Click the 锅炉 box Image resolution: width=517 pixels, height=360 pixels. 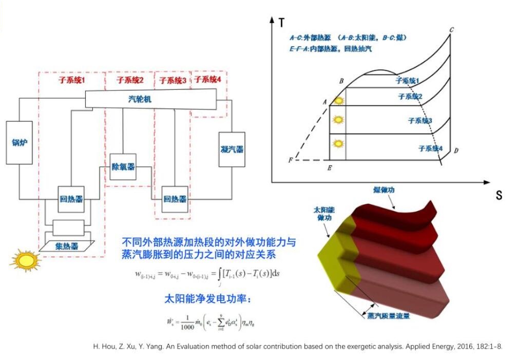(19, 142)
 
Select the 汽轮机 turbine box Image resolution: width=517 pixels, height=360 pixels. (150, 100)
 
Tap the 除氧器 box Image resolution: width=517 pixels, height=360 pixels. (123, 166)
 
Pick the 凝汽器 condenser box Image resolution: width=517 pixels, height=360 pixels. (232, 149)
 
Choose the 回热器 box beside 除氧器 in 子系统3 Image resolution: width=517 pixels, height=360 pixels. (175, 199)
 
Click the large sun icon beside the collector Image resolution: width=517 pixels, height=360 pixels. (24, 259)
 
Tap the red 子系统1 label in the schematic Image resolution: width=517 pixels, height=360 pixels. (71, 80)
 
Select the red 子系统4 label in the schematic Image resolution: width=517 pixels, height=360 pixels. (207, 80)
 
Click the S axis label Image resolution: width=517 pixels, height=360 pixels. (498, 195)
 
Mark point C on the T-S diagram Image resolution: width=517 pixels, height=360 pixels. (451, 30)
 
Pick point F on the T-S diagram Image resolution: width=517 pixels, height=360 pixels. (291, 160)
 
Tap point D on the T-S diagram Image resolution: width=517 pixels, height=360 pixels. (455, 150)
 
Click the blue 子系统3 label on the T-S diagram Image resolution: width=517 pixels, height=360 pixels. (419, 121)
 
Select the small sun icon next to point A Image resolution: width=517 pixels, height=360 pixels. (338, 101)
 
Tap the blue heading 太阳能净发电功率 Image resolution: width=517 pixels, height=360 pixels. (201, 298)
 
